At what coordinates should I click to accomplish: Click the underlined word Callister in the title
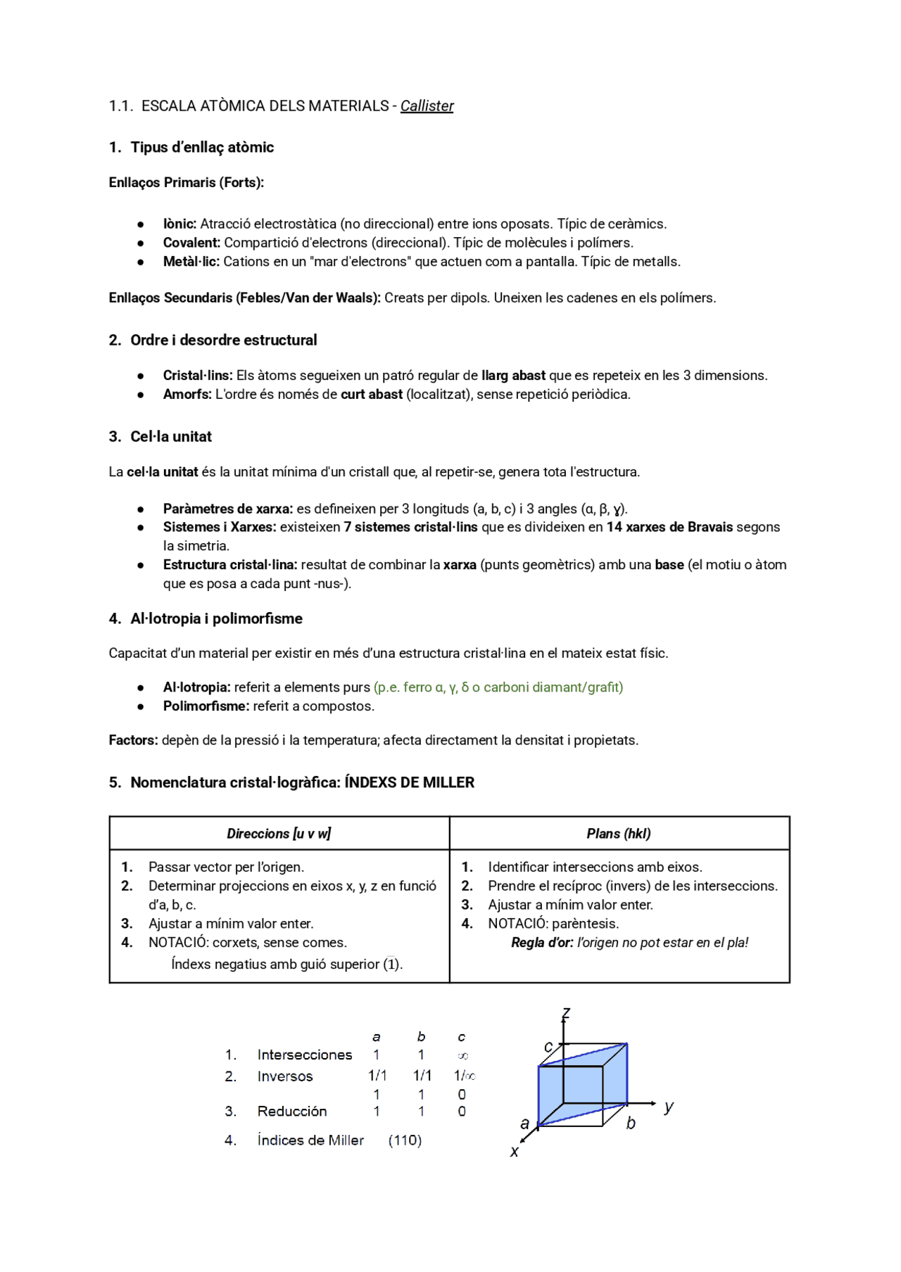427,106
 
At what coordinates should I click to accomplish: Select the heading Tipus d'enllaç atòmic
202,147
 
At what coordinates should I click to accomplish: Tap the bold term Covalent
191,243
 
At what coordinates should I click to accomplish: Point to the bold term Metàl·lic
191,262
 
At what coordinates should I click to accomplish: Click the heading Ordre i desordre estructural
223,341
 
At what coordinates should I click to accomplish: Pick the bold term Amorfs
187,395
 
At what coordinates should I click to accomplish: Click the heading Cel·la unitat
171,437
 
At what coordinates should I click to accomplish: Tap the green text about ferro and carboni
498,687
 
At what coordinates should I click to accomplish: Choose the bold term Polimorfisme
206,706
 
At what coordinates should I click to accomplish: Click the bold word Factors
133,740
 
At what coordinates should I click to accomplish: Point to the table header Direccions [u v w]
279,834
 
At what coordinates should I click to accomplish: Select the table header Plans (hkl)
619,834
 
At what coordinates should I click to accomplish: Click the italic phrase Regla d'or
542,943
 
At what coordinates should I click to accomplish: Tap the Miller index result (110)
405,1140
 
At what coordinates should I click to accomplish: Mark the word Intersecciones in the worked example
304,1055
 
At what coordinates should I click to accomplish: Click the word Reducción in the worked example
292,1112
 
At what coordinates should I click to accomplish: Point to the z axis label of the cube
565,1014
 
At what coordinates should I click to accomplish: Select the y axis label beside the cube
669,1107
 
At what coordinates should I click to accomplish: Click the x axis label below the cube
515,1152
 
